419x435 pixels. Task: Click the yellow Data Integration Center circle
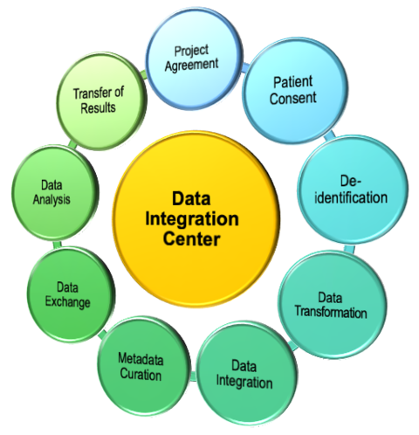point(196,219)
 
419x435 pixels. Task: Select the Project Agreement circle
point(194,59)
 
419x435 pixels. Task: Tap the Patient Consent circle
point(295,90)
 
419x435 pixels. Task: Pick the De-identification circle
point(353,190)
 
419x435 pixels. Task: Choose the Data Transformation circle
point(333,305)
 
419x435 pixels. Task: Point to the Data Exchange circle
point(71,294)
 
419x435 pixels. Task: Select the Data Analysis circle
point(55,193)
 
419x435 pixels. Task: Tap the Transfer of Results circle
point(101,101)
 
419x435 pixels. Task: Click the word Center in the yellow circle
point(191,239)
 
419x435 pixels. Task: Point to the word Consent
point(292,98)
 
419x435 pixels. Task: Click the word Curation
point(141,374)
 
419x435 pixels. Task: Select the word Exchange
point(67,302)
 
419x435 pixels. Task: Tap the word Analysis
point(52,200)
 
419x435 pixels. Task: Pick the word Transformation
point(331,312)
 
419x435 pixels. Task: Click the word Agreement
point(191,65)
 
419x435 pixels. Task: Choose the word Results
point(98,107)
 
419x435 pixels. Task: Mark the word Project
point(191,51)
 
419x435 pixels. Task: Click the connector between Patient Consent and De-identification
point(330,135)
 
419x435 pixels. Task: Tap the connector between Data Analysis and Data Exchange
point(57,244)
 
